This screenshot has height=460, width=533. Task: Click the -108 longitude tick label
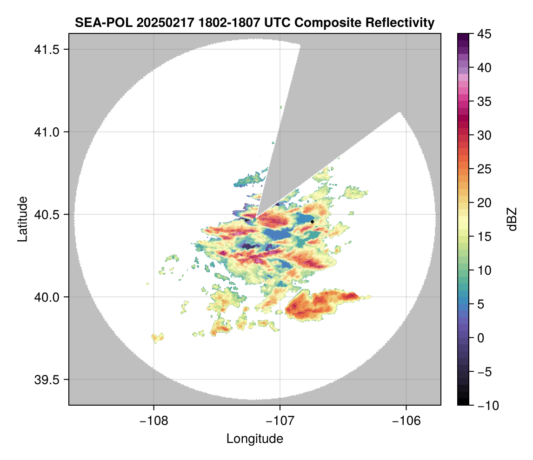click(153, 421)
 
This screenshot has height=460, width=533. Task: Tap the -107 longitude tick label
click(280, 421)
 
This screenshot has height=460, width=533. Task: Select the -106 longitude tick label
click(406, 421)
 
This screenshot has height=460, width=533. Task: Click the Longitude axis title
click(255, 439)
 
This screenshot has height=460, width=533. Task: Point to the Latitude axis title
click(22, 219)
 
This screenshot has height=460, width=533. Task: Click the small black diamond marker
click(313, 222)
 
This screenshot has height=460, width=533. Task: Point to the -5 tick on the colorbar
click(486, 372)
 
